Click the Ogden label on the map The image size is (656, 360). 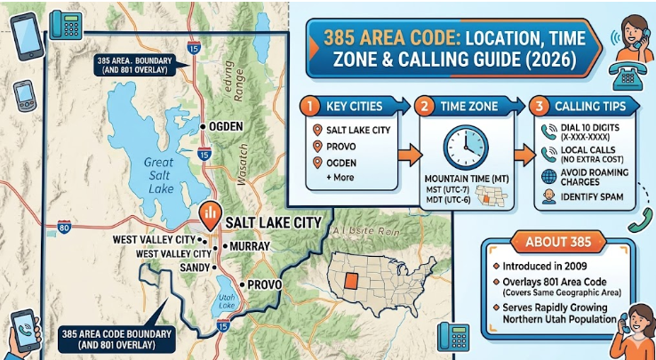point(224,126)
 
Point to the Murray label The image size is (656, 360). point(243,244)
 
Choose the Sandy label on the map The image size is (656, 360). point(195,267)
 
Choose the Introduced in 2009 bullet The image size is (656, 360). point(556,268)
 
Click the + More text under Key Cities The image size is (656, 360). point(332,177)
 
